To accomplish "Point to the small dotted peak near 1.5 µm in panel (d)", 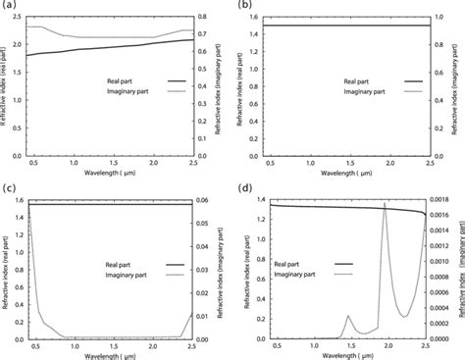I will (347, 316).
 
